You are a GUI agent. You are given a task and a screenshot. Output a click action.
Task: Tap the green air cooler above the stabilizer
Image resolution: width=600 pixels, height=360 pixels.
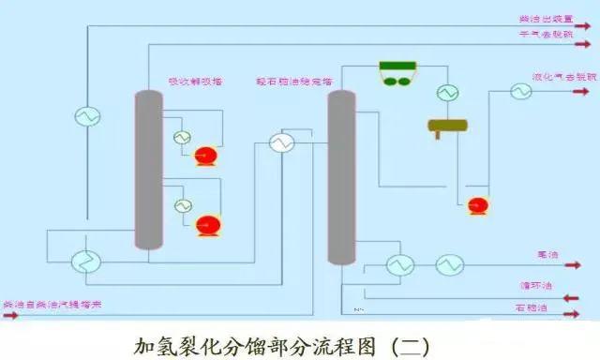[398, 72]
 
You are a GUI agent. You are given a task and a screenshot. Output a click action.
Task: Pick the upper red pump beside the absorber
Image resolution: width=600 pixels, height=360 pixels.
[205, 155]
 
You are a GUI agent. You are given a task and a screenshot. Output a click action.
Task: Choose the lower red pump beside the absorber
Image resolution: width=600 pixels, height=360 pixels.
[207, 224]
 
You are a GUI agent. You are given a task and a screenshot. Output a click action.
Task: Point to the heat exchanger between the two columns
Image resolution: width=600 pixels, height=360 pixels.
[281, 143]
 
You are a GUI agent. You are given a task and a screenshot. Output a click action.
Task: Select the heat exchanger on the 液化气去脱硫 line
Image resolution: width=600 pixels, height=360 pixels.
[520, 91]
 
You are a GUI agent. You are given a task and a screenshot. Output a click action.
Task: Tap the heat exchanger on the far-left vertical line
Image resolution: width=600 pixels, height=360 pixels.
[87, 115]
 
